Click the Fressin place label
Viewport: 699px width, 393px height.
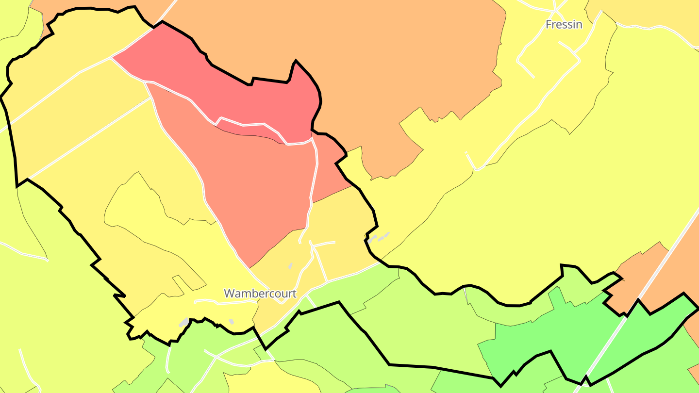point(564,24)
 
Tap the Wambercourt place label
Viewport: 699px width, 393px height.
point(260,294)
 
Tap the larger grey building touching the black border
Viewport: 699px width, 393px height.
point(184,322)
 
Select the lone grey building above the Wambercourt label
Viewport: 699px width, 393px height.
point(290,266)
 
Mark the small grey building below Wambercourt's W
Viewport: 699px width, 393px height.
point(232,321)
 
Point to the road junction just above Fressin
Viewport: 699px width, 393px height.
point(556,11)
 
